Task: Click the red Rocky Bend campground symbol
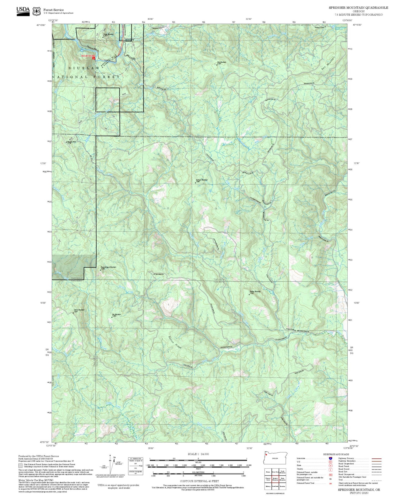pos(94,58)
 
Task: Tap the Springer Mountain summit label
pos(202,180)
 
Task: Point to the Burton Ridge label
pos(175,342)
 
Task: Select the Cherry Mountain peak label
pos(79,310)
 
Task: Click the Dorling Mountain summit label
pos(255,292)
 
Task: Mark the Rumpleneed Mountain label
pos(108,267)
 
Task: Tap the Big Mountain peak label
pos(117,315)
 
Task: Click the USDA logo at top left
pos(23,10)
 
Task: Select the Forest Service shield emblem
pos(36,11)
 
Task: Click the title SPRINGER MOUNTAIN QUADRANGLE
pos(358,8)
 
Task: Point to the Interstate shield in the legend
pos(331,458)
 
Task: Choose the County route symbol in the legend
pos(331,469)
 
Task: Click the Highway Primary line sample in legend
pos(377,458)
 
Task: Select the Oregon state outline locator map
pos(275,458)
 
